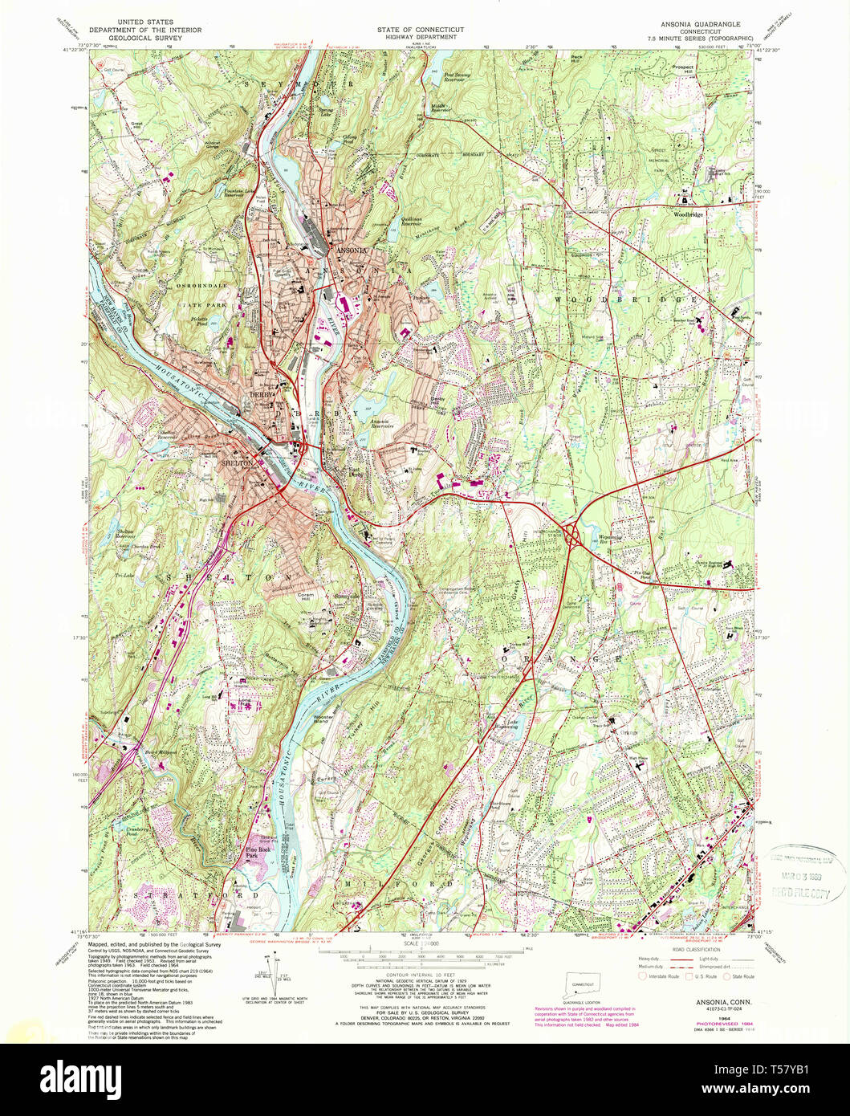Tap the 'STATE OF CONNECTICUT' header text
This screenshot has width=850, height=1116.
pyautogui.click(x=420, y=30)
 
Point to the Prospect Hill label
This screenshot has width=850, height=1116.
pyautogui.click(x=682, y=70)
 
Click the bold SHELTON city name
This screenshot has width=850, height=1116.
pyautogui.click(x=238, y=463)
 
